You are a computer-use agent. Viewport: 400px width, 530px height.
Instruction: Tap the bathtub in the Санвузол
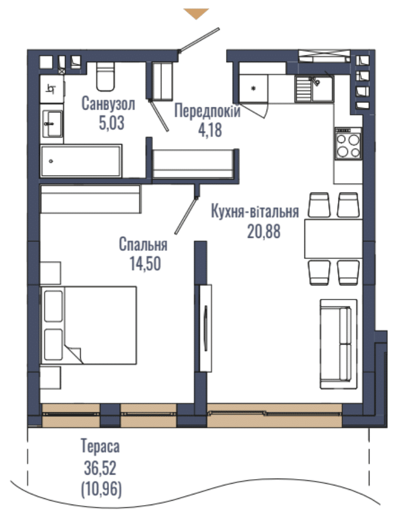tap(81, 161)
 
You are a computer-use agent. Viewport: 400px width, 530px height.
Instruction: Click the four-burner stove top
tap(348, 144)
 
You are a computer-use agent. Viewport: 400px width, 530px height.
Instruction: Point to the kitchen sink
tap(314, 89)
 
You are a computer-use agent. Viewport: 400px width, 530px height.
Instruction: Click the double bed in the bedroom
tap(89, 325)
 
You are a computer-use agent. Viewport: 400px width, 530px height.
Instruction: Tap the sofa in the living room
tap(338, 344)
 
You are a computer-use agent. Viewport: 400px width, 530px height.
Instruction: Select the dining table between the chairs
tap(333, 238)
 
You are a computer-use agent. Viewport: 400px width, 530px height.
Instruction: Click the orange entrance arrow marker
tap(196, 14)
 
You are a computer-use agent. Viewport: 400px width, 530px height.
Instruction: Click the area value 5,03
tap(111, 123)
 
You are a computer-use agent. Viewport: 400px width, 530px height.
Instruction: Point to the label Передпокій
tap(207, 111)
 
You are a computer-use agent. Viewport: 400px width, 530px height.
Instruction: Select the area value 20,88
tap(263, 232)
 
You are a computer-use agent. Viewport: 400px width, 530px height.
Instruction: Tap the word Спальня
tap(144, 244)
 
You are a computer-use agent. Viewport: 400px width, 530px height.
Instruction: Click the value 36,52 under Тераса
tap(100, 468)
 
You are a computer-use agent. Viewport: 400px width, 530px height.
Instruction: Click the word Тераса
tap(100, 446)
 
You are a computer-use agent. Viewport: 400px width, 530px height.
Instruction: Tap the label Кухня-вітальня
tap(255, 211)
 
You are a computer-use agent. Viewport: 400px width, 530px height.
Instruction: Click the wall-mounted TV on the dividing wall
tap(206, 328)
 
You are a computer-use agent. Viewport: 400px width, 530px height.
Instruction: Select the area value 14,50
tap(145, 264)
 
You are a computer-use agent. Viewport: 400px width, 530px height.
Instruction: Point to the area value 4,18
tap(210, 130)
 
